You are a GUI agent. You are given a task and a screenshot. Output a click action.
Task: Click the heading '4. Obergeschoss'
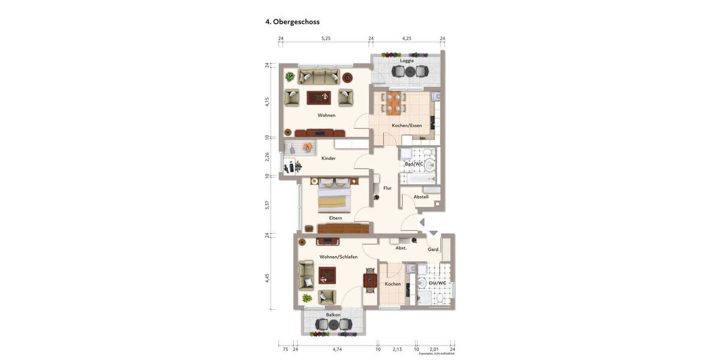(292, 22)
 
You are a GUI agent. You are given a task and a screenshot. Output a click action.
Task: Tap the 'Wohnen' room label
(326, 115)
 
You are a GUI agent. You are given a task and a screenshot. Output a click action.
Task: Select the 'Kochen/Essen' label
(406, 125)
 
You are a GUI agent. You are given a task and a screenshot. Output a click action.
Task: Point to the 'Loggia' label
(407, 61)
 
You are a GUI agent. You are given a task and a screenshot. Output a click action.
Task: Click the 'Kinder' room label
(328, 158)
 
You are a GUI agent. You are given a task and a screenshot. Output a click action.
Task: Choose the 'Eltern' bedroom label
(335, 218)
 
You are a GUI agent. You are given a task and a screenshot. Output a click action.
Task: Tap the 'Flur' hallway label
(387, 188)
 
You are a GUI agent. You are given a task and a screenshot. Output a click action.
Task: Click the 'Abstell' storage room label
(421, 197)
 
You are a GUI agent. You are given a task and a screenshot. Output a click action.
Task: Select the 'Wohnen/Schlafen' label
(338, 257)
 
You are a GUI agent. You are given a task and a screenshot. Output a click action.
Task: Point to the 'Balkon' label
(333, 315)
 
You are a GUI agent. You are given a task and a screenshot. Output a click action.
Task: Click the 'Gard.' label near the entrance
(433, 250)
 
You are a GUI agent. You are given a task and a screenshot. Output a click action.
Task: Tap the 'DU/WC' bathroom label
(433, 283)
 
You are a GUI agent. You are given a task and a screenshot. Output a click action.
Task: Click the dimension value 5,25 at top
(326, 38)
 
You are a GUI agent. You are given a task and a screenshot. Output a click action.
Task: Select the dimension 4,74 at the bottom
(337, 349)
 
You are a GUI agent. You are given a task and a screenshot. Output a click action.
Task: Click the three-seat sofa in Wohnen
(319, 77)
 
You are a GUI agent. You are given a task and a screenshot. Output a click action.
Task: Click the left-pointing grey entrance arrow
(422, 223)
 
